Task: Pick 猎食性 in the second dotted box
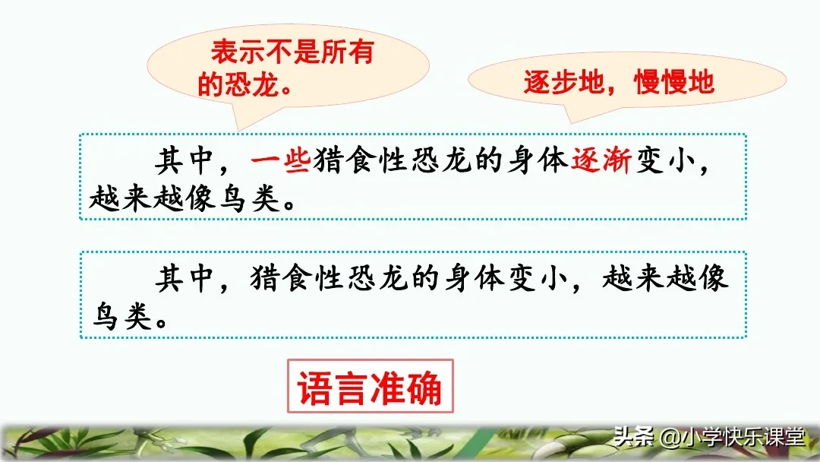(x=298, y=278)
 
